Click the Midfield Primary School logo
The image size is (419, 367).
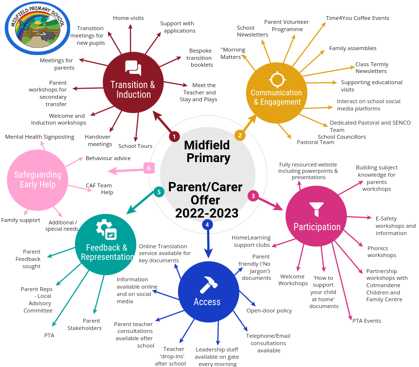37,28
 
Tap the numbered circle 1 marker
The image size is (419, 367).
174,137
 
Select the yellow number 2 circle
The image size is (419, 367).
239,135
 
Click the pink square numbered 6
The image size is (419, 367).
149,168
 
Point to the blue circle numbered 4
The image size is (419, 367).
208,224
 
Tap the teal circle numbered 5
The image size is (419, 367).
159,192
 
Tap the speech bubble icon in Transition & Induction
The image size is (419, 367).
132,69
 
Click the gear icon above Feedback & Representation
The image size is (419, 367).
106,229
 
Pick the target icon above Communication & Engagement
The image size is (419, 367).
277,78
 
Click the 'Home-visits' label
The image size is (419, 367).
128,18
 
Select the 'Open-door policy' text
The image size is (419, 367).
269,311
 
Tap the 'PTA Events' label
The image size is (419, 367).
366,321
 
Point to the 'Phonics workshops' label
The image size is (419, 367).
382,252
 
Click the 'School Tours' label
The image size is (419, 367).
135,146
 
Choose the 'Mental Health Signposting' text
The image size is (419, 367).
40,137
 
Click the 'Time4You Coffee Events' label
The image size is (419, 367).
358,18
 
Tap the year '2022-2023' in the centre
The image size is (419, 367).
207,213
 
